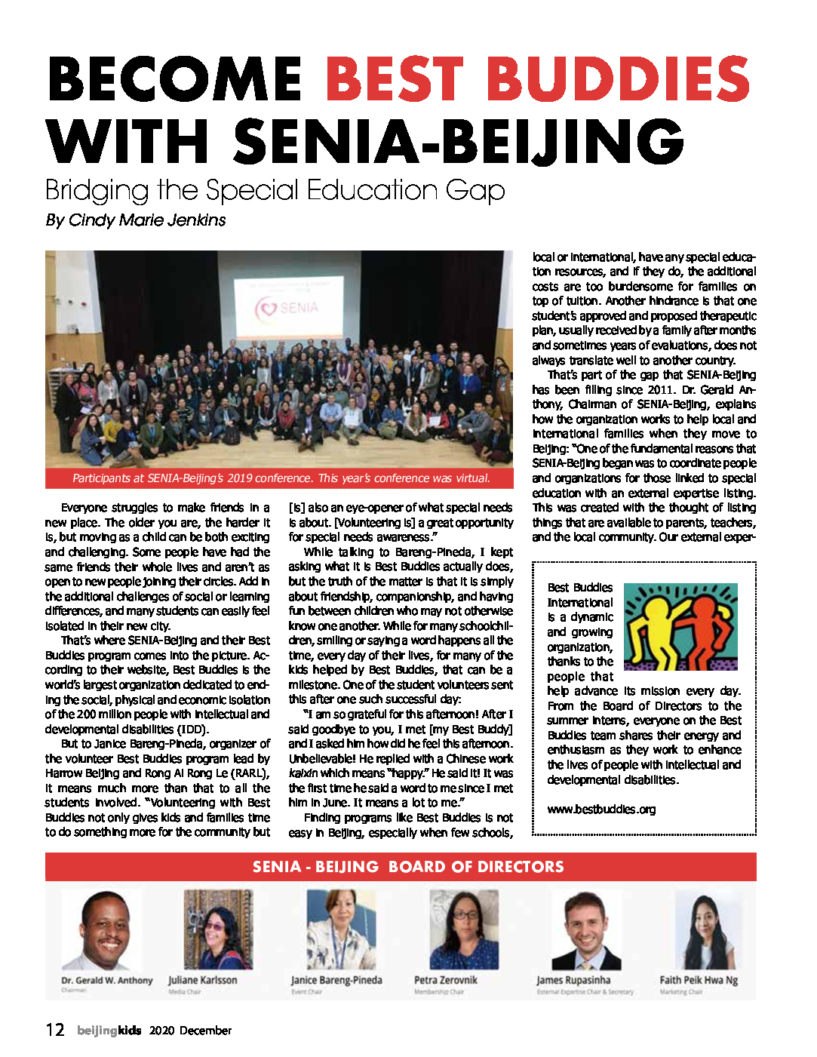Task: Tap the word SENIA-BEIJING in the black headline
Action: pyautogui.click(x=458, y=141)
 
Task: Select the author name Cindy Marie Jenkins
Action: pyautogui.click(x=147, y=220)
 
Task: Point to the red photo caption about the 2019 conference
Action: pyautogui.click(x=281, y=478)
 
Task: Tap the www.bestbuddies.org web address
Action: pyautogui.click(x=601, y=810)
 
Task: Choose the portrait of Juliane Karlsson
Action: pyautogui.click(x=218, y=929)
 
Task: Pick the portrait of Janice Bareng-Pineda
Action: pyautogui.click(x=341, y=929)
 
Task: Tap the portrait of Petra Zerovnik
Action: pyautogui.click(x=464, y=929)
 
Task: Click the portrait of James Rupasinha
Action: pyautogui.click(x=586, y=930)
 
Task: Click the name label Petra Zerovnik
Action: pyautogui.click(x=445, y=980)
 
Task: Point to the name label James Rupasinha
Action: pyautogui.click(x=573, y=980)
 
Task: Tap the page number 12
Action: pyautogui.click(x=55, y=1030)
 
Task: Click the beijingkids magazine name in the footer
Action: pyautogui.click(x=109, y=1031)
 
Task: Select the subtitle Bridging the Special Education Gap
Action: pyautogui.click(x=275, y=190)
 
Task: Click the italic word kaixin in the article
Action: pyautogui.click(x=303, y=773)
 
